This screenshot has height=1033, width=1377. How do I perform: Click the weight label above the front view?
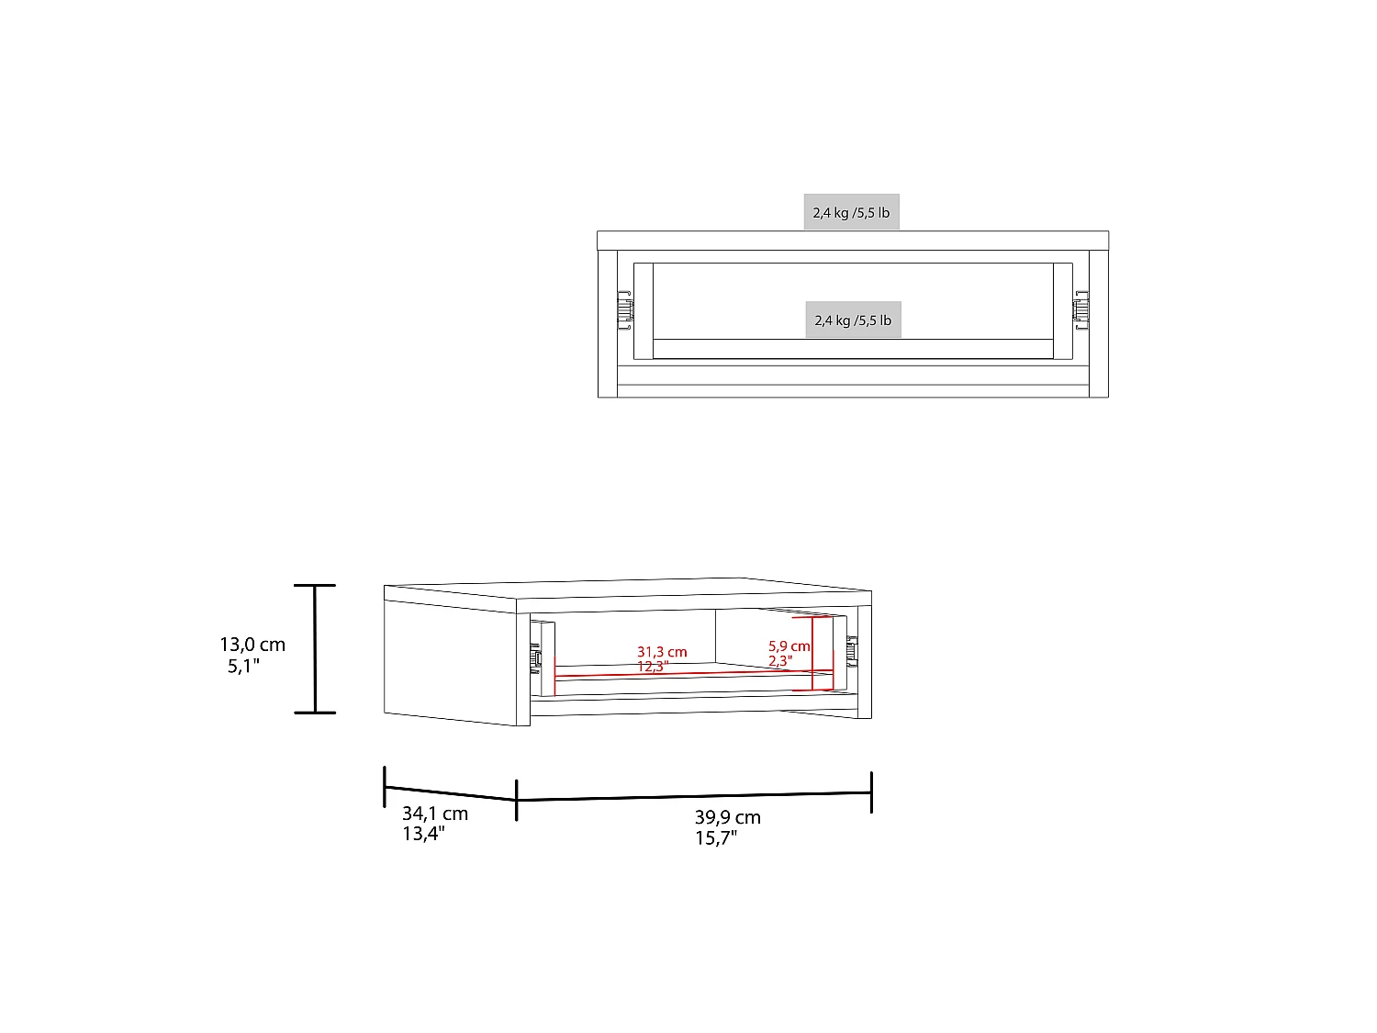(x=851, y=212)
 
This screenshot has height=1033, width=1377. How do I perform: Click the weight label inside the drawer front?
(x=853, y=320)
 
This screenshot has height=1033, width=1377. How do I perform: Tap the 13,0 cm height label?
(x=252, y=645)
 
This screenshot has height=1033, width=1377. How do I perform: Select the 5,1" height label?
(x=243, y=666)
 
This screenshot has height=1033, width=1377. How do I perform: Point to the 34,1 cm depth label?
(x=435, y=814)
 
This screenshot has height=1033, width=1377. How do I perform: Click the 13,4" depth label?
(x=423, y=834)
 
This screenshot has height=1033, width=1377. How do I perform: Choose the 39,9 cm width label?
(x=728, y=817)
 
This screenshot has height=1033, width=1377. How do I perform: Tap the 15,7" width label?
(x=716, y=838)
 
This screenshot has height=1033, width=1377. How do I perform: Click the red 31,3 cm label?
(x=662, y=652)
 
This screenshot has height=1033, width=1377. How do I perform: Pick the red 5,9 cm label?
(x=789, y=646)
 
